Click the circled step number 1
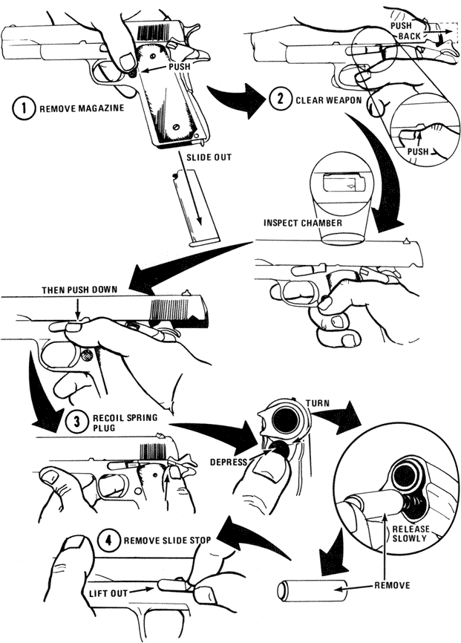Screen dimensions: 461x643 (24, 108)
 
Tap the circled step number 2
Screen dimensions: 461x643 (280, 99)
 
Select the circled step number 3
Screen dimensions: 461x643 (76, 422)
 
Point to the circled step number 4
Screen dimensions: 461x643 (108, 540)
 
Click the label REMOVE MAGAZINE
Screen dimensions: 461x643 (82, 108)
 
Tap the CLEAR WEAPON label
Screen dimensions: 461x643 (329, 100)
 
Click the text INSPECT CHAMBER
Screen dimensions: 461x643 (303, 223)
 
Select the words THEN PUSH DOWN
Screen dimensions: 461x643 (79, 290)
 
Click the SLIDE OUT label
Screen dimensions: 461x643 (209, 157)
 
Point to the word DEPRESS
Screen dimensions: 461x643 (229, 462)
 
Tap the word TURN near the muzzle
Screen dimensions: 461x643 (318, 403)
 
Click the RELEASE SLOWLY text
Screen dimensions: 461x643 (411, 534)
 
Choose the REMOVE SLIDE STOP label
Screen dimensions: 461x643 (167, 541)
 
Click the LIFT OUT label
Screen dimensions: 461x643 (108, 593)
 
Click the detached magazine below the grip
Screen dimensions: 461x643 (196, 209)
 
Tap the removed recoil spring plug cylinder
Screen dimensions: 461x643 (312, 590)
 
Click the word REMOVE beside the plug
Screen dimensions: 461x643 (392, 585)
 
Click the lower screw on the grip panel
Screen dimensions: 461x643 (176, 127)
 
